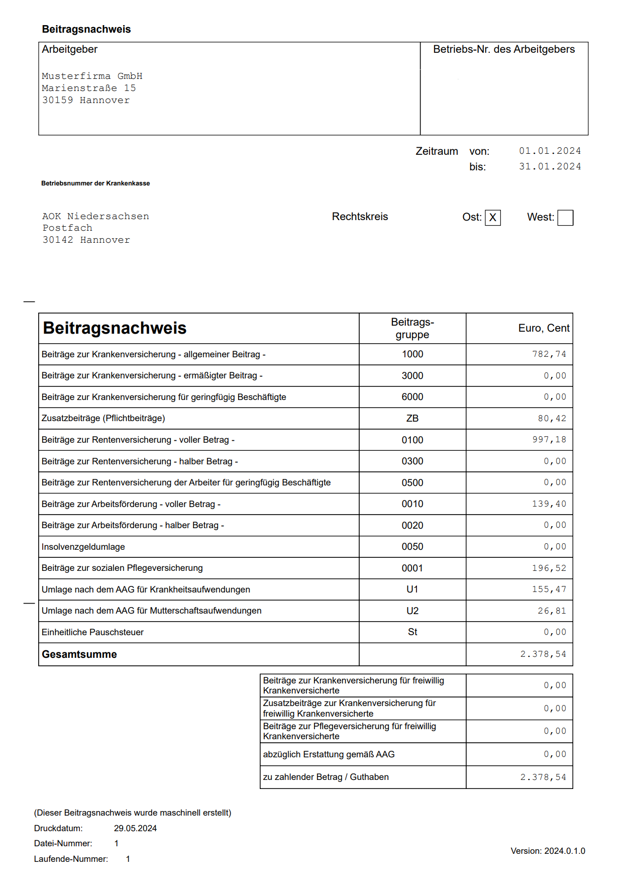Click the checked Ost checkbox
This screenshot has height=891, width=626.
pyautogui.click(x=492, y=218)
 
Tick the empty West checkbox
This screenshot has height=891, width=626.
pyautogui.click(x=565, y=218)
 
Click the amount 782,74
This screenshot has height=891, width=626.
pyautogui.click(x=549, y=354)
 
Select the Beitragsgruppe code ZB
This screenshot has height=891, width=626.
pyautogui.click(x=412, y=419)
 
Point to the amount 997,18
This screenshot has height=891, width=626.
pyautogui.click(x=549, y=440)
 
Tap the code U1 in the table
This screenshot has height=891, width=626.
pyautogui.click(x=412, y=589)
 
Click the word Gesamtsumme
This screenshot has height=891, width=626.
pyautogui.click(x=79, y=654)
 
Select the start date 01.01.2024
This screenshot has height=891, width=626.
pyautogui.click(x=550, y=151)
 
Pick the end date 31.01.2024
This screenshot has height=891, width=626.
pyautogui.click(x=550, y=166)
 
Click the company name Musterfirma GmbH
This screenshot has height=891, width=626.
pyautogui.click(x=92, y=76)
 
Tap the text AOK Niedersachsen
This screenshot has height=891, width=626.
pyautogui.click(x=95, y=216)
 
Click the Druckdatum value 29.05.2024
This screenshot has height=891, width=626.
pyautogui.click(x=135, y=828)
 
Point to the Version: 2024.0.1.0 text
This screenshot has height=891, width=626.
pyautogui.click(x=548, y=851)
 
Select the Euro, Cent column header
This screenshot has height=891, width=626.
pyautogui.click(x=544, y=328)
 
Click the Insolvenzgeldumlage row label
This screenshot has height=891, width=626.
pyautogui.click(x=83, y=547)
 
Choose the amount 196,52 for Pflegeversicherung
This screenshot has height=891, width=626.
pyautogui.click(x=549, y=568)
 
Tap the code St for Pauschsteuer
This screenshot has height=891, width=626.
pyautogui.click(x=412, y=632)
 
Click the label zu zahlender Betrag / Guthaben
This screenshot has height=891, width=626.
pyautogui.click(x=326, y=777)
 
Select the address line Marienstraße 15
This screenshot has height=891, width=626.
pyautogui.click(x=89, y=88)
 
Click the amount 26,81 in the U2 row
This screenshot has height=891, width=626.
pyautogui.click(x=552, y=611)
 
